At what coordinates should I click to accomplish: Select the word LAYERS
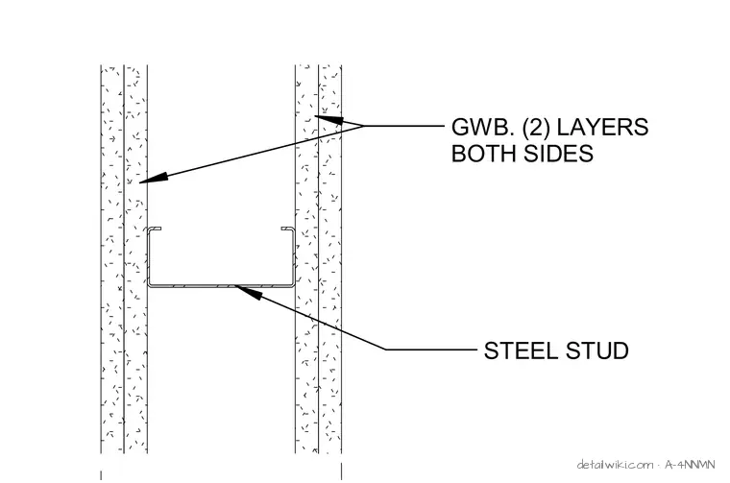[603, 127]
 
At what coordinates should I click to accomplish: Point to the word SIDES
[556, 153]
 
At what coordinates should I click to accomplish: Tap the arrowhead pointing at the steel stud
[248, 292]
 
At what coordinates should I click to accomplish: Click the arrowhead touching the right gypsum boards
[329, 120]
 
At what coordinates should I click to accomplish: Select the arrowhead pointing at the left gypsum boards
[154, 179]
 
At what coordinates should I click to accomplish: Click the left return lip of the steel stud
[155, 229]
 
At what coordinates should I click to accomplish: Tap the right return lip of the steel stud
[287, 229]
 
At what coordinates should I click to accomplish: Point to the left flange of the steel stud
[150, 256]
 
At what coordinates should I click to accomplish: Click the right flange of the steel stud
[292, 256]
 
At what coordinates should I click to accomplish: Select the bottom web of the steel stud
[221, 286]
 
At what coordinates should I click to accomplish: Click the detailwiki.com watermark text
[615, 465]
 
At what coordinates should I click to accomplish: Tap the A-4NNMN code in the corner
[690, 465]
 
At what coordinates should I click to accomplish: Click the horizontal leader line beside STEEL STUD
[431, 349]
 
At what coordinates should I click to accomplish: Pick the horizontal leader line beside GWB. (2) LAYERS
[404, 126]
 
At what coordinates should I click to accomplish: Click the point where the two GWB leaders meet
[363, 126]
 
